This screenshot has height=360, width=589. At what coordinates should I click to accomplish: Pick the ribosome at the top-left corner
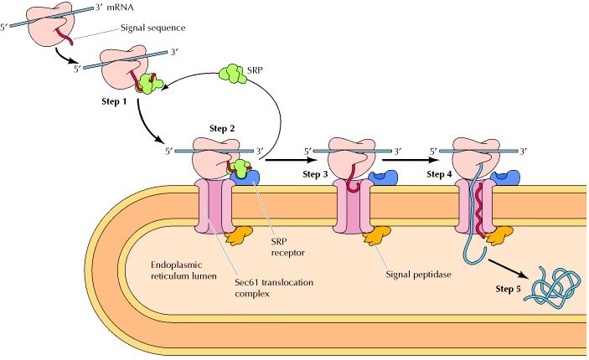pos(51,26)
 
